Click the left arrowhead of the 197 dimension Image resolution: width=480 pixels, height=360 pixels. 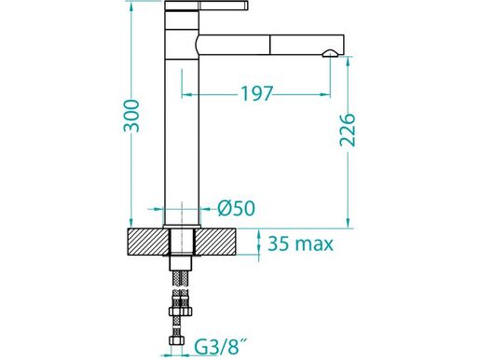[185, 94]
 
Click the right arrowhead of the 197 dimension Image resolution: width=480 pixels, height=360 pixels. [328, 94]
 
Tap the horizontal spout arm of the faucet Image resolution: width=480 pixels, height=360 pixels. [261, 44]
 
